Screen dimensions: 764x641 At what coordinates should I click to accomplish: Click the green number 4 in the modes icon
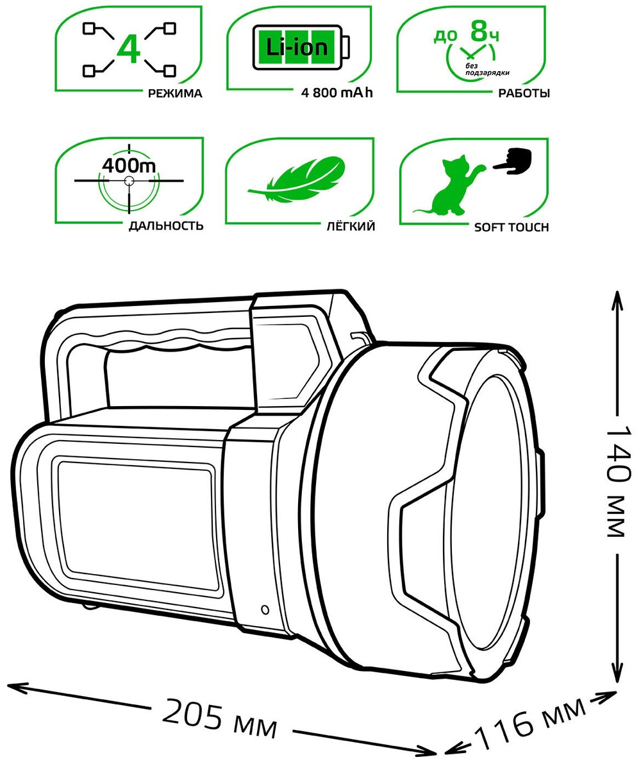point(130,49)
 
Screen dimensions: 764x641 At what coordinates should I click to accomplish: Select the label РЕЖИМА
point(175,94)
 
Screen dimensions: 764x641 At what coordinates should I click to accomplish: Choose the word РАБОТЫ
point(524,94)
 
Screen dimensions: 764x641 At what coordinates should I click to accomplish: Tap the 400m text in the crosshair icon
point(129,165)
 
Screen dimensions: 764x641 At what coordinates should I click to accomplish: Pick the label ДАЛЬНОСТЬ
point(165,226)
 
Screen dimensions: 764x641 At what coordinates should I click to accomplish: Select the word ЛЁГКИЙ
point(349,226)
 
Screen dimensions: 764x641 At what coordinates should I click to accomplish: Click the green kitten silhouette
point(451,188)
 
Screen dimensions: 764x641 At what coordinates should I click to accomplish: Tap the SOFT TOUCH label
point(511,227)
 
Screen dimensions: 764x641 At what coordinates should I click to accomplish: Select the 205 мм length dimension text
point(220,718)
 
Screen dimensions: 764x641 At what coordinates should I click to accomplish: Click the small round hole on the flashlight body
point(264,609)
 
